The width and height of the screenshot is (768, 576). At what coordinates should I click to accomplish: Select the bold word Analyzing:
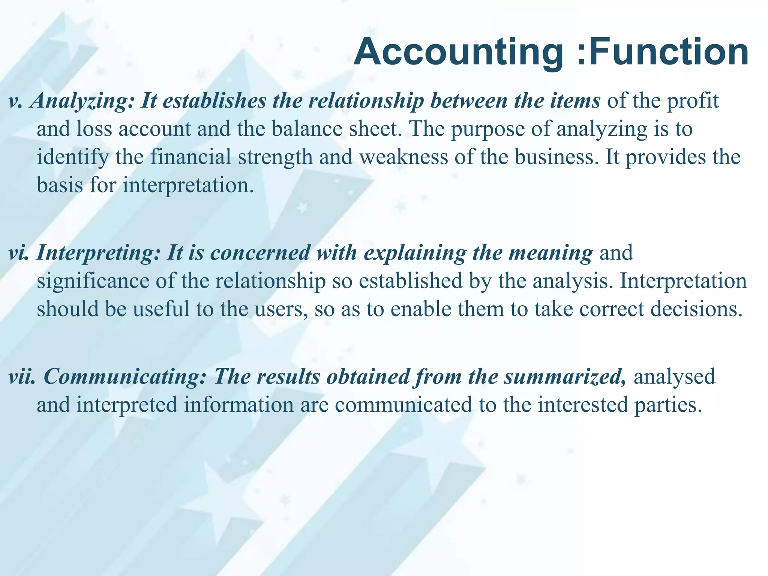point(82,101)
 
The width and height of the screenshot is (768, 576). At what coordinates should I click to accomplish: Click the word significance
point(93,281)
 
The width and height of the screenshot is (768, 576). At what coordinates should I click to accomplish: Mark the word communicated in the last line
point(403,405)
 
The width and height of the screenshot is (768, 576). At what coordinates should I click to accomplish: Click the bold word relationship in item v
point(366,101)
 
